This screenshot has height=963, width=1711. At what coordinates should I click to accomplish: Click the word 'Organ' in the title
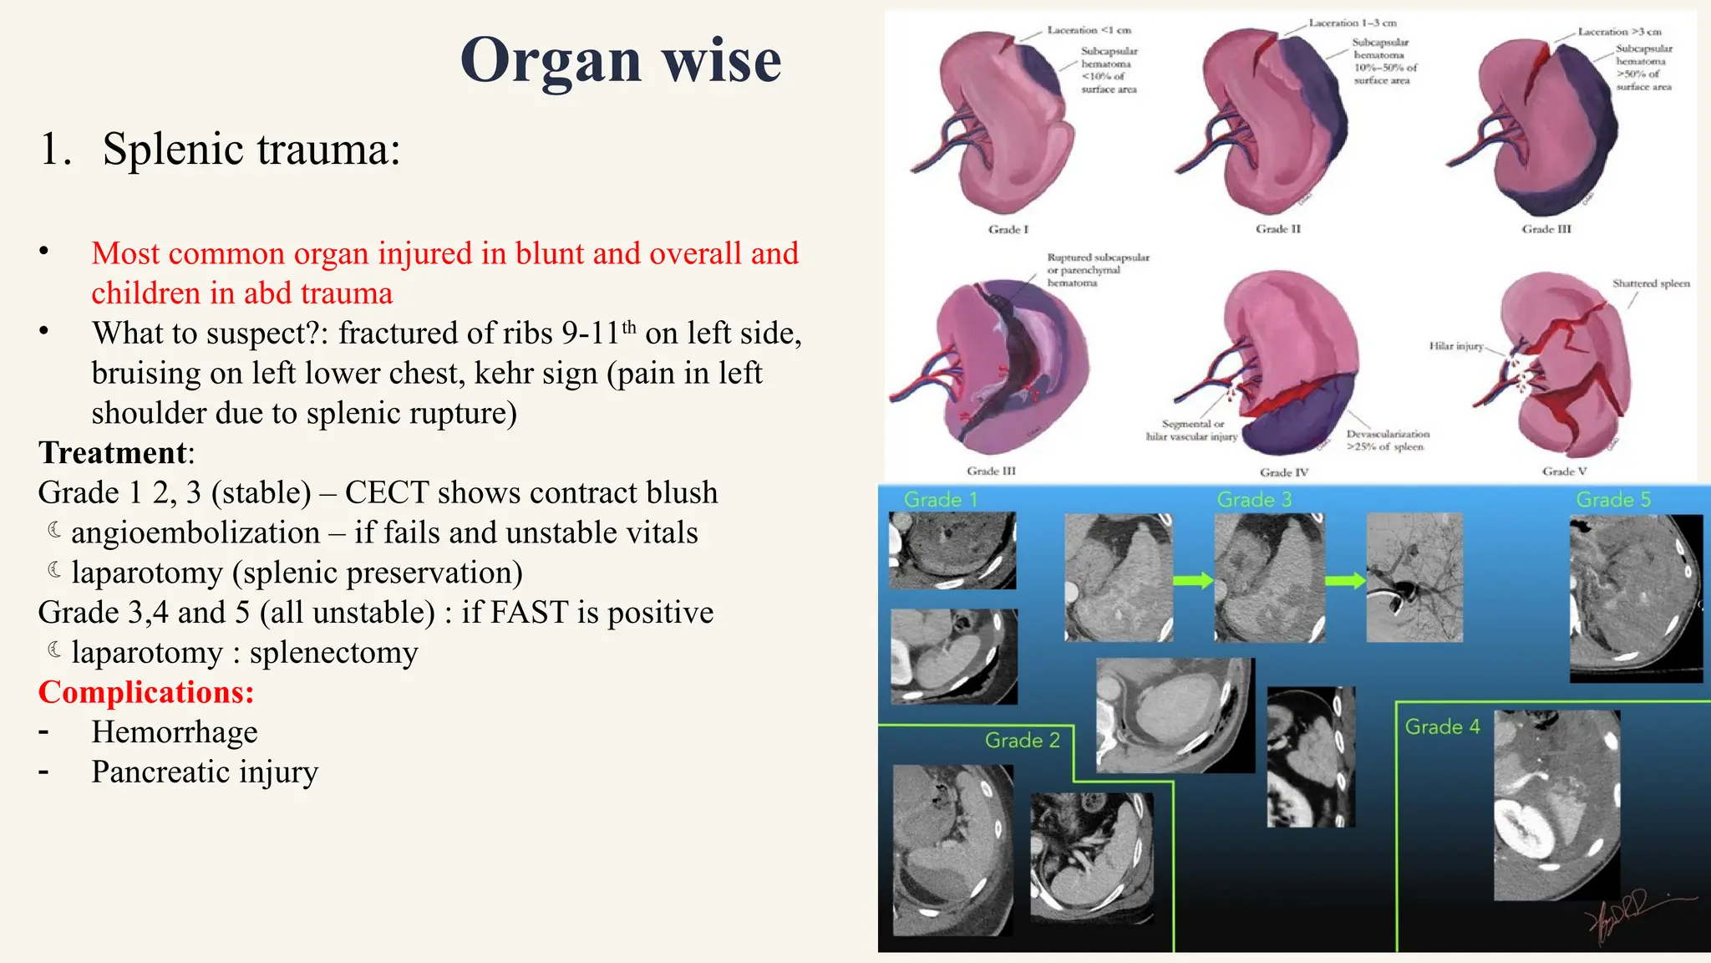coord(549,60)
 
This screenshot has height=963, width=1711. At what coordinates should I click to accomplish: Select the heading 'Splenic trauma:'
coord(251,150)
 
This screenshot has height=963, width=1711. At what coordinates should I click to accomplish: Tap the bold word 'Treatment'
coord(113,452)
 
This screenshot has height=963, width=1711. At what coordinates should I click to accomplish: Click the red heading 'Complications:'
coord(146,692)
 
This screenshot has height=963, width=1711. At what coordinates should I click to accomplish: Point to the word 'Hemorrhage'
coord(175,732)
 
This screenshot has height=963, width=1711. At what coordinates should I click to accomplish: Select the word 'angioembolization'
coord(195,532)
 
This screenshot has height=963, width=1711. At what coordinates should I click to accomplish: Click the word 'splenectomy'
coord(333,652)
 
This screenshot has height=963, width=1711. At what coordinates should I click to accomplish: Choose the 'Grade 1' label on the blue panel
coord(941,500)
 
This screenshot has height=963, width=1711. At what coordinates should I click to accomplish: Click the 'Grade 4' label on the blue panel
coord(1442,726)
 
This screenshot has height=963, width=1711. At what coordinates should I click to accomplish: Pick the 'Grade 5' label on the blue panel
coord(1613,500)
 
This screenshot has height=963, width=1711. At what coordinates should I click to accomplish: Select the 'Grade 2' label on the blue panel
coord(1022,740)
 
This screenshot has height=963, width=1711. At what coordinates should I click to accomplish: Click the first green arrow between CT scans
coord(1192,580)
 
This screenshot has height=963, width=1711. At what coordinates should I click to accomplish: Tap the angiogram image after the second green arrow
coord(1414,578)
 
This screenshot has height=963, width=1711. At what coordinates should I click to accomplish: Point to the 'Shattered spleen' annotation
coord(1651,283)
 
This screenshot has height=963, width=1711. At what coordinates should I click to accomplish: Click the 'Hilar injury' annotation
coord(1456,346)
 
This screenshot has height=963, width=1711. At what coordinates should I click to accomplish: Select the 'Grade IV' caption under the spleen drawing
coord(1284,472)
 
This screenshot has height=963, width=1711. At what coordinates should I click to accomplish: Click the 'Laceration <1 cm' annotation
coord(1089,30)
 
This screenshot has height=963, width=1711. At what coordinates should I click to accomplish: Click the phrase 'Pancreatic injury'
coord(205,772)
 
